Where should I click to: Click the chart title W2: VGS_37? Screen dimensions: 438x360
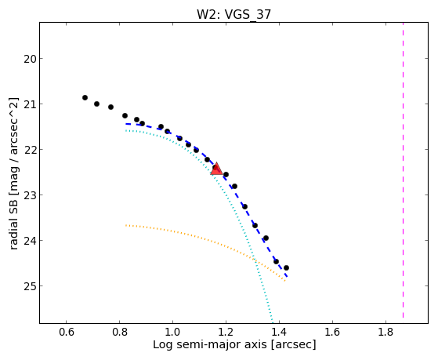(233, 14)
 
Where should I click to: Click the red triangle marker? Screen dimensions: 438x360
(216, 169)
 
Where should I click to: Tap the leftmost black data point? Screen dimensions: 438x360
(85, 97)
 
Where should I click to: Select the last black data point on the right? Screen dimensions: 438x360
(286, 268)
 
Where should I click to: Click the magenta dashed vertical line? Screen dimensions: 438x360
(403, 170)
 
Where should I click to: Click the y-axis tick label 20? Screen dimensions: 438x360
(30, 59)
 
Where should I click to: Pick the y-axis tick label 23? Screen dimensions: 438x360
(30, 195)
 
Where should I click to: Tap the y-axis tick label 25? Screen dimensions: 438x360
(30, 286)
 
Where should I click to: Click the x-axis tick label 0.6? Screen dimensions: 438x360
(66, 332)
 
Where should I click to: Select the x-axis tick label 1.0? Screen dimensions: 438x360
(172, 332)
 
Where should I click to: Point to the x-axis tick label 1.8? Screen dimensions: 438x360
(386, 332)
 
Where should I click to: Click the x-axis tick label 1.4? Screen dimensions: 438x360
(280, 332)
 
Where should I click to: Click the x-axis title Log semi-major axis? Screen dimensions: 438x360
(210, 344)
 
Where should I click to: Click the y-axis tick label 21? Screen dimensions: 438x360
(30, 104)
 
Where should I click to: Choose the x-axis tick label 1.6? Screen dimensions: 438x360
(332, 332)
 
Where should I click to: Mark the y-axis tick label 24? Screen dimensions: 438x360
(30, 241)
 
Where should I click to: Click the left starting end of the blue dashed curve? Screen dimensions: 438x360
(126, 124)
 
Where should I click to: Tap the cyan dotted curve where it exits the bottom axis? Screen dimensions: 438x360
(273, 322)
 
